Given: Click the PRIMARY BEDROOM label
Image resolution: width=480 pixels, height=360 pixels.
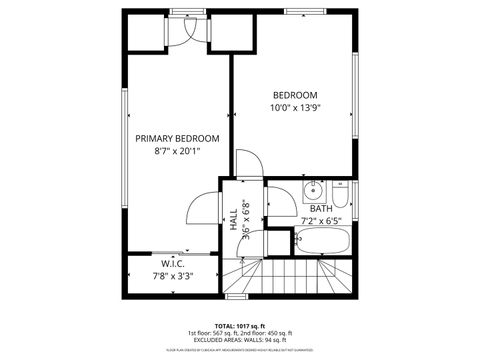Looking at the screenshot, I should tap(177, 138).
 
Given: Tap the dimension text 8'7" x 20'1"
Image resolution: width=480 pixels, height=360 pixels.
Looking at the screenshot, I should tap(177, 152).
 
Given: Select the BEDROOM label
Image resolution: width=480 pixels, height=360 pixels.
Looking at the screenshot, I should tap(294, 94).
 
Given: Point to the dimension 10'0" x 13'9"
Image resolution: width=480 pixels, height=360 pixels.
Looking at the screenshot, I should tap(294, 108).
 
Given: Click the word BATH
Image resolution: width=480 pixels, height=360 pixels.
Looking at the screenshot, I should tap(321, 208).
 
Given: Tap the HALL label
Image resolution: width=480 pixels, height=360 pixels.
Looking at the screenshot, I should tap(233, 220).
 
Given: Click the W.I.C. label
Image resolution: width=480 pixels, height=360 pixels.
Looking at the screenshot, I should tap(172, 264).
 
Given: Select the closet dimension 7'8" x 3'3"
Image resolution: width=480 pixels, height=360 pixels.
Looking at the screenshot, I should tap(172, 276).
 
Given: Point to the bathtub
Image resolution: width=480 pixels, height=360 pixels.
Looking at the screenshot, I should tap(321, 241).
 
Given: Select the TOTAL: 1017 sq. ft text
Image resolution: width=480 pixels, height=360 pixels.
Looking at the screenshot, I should tap(240, 325).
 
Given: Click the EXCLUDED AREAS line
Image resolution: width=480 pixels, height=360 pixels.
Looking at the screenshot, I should tap(240, 341).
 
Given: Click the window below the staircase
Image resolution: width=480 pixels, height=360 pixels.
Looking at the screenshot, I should tap(236, 296).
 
